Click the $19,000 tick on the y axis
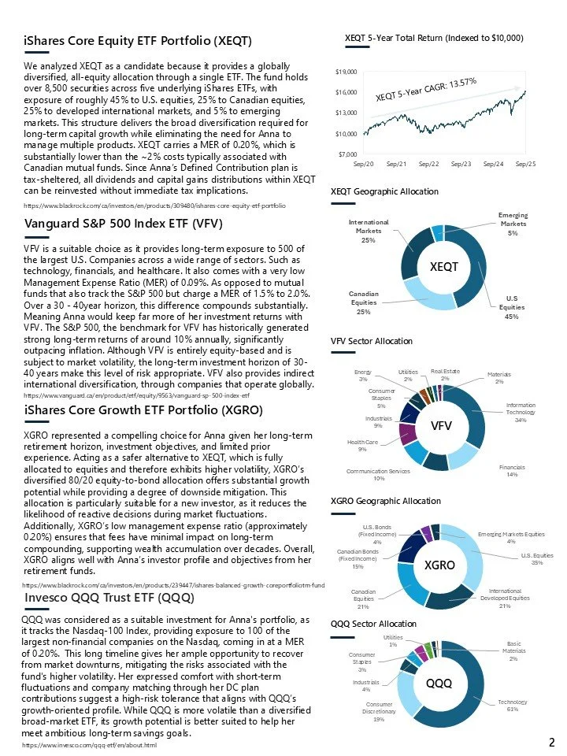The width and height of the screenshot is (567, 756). click(346, 72)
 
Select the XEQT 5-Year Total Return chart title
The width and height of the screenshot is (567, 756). click(434, 38)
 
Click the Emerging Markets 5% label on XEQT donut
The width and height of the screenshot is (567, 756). click(513, 224)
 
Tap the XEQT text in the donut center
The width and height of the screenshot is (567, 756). click(443, 267)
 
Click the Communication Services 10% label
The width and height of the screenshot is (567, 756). click(379, 473)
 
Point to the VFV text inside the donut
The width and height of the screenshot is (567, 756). click(440, 425)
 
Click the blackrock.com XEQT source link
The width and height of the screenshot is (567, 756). click(154, 205)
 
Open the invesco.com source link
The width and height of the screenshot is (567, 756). click(89, 745)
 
